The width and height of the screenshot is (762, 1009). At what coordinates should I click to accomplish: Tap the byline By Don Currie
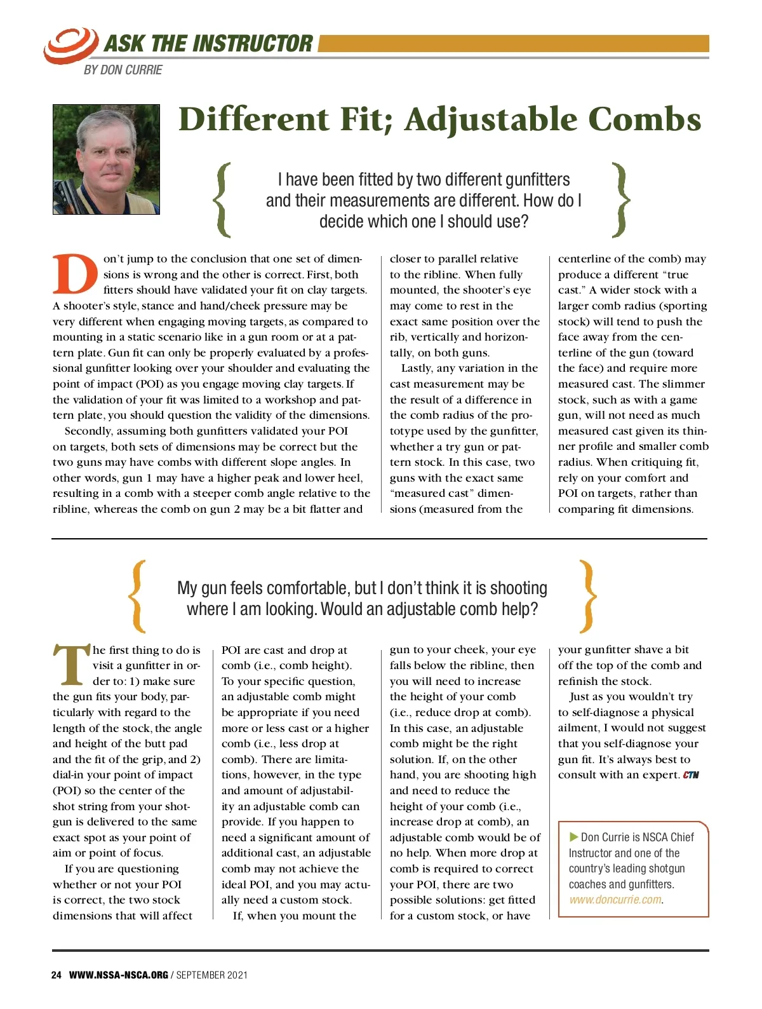click(123, 70)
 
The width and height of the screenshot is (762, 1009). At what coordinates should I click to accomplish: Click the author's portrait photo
click(106, 159)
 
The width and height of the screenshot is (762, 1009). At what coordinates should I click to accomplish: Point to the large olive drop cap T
click(71, 665)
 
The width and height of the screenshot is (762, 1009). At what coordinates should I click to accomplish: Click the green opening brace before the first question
click(222, 200)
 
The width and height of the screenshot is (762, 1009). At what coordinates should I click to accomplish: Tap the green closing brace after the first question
click(620, 200)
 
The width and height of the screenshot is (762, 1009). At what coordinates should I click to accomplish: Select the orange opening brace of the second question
click(137, 597)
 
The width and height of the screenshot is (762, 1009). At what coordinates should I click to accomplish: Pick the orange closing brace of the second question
click(589, 597)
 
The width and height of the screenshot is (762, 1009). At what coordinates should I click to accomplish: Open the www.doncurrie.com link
click(615, 900)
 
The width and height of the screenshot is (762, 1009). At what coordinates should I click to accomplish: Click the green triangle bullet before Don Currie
click(574, 837)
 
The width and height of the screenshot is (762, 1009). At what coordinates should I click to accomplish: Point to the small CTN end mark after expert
click(691, 775)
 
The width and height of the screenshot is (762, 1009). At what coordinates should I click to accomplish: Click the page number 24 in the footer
click(57, 975)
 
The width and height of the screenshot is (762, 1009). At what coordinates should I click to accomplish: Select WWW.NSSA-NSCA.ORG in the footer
click(119, 975)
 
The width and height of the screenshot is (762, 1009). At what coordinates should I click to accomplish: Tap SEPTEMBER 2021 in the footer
click(212, 975)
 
